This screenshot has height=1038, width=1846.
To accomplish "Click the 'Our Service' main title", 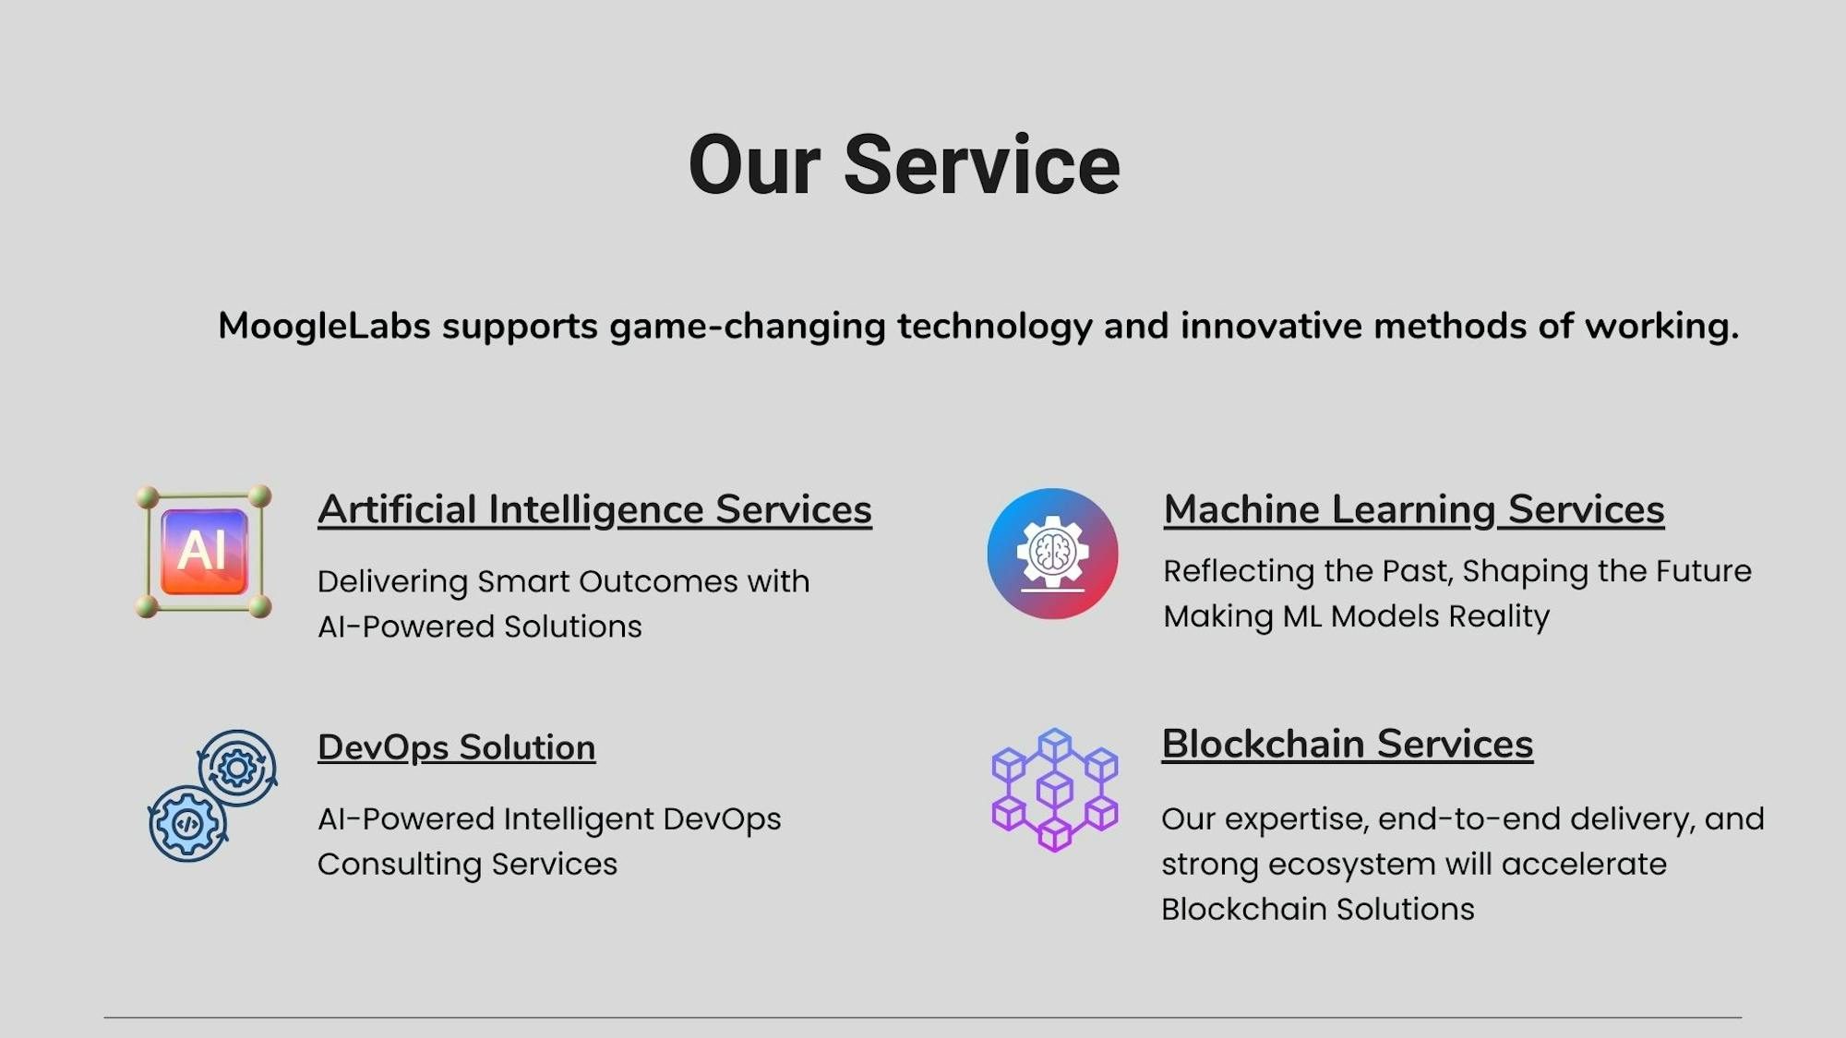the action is (905, 165).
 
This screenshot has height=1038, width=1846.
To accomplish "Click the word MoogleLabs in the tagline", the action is (324, 326).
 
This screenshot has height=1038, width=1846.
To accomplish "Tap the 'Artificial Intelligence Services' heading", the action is (594, 510).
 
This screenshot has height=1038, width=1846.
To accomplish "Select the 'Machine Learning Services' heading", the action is (1414, 510).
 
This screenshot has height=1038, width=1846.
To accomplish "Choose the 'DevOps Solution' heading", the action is (457, 747).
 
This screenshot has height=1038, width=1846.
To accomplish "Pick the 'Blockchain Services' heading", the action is (1348, 744).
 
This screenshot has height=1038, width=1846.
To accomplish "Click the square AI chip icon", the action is (204, 551).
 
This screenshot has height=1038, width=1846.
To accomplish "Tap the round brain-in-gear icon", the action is (1052, 554).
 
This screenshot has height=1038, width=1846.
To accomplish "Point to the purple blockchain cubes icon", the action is (1055, 790).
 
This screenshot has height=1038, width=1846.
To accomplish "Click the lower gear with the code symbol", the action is (187, 824).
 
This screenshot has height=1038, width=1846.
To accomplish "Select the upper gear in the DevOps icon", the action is (237, 768).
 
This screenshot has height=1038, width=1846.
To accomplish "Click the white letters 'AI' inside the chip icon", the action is (201, 551).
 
